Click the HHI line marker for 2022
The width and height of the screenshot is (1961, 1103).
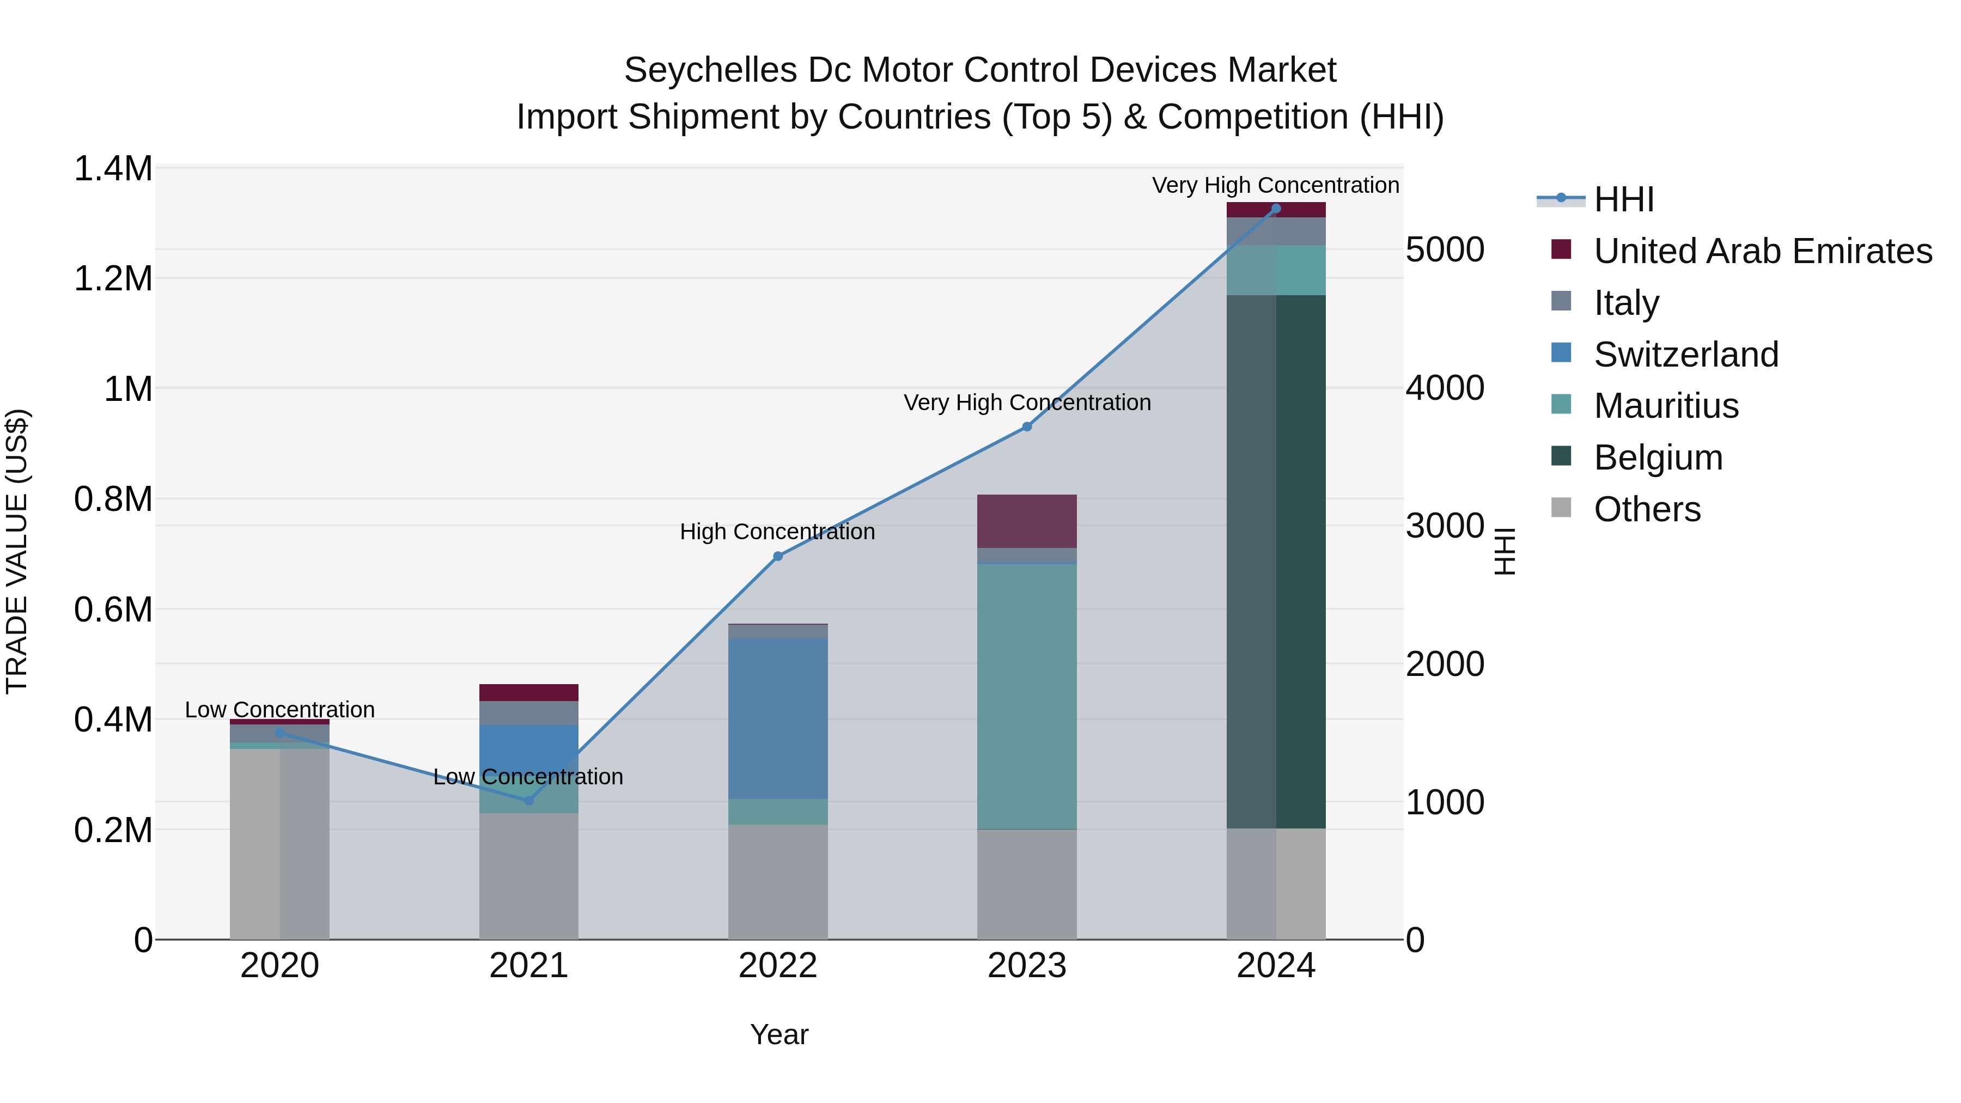point(777,557)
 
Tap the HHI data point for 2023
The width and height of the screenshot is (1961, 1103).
point(1026,427)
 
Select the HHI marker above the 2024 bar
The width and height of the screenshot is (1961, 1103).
point(1276,209)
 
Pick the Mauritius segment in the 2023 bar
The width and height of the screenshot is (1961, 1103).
point(1026,697)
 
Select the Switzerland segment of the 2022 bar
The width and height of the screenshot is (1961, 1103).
point(777,718)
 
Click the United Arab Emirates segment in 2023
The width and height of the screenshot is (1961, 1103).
point(1026,521)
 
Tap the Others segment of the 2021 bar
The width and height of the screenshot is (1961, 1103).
point(528,875)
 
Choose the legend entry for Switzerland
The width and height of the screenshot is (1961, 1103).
point(1685,355)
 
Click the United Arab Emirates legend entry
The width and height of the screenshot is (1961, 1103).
point(1762,251)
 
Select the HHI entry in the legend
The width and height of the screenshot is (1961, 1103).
point(1623,199)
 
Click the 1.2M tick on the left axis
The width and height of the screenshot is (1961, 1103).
point(113,278)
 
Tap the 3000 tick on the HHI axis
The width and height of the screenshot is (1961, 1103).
point(1444,526)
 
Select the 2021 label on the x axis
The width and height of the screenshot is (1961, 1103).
point(528,966)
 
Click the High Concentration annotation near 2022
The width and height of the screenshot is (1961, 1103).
point(777,531)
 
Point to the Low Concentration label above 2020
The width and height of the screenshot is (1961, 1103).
point(279,709)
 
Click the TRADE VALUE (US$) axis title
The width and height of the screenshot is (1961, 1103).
point(17,551)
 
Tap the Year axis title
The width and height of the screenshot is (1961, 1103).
point(779,1034)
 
